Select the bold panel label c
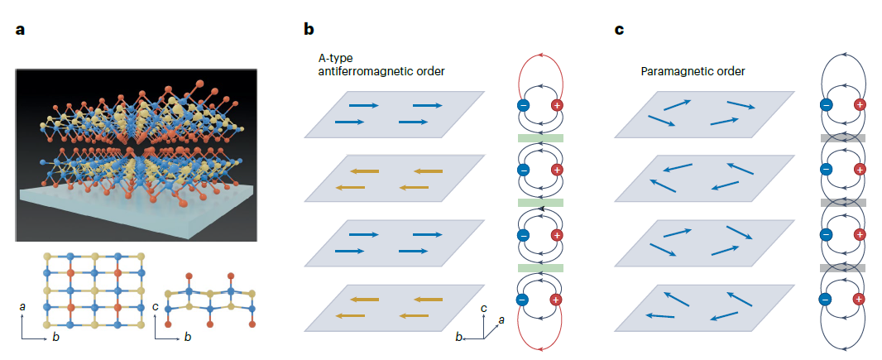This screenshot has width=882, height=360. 619,31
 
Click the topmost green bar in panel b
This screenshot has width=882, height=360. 539,137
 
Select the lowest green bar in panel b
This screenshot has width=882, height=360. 539,268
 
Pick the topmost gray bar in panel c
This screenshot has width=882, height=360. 842,137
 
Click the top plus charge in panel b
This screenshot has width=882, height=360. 556,105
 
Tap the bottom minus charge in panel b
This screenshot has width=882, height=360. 523,300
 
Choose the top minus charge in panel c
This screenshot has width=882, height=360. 826,105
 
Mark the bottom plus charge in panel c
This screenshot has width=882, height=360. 860,300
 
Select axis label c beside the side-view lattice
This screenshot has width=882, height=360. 158,307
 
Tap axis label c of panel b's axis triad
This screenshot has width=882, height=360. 484,308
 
